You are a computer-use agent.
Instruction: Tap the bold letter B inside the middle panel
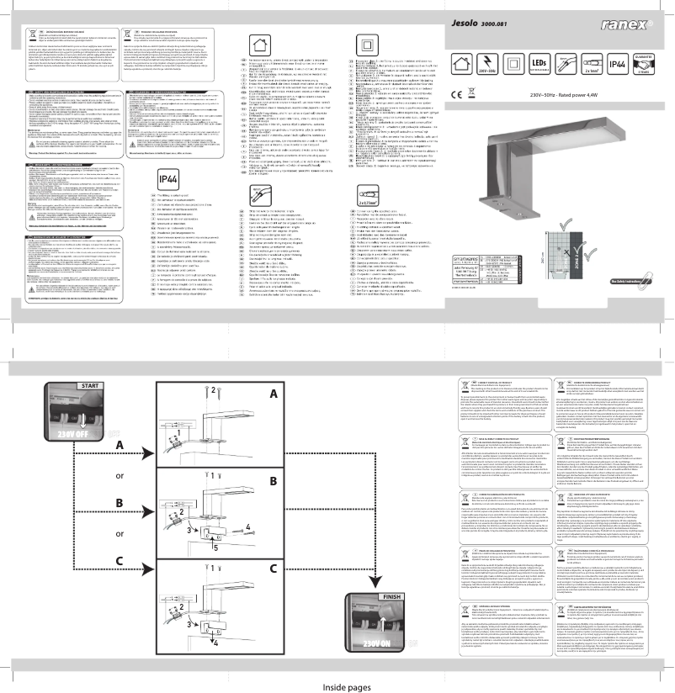(271, 483)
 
